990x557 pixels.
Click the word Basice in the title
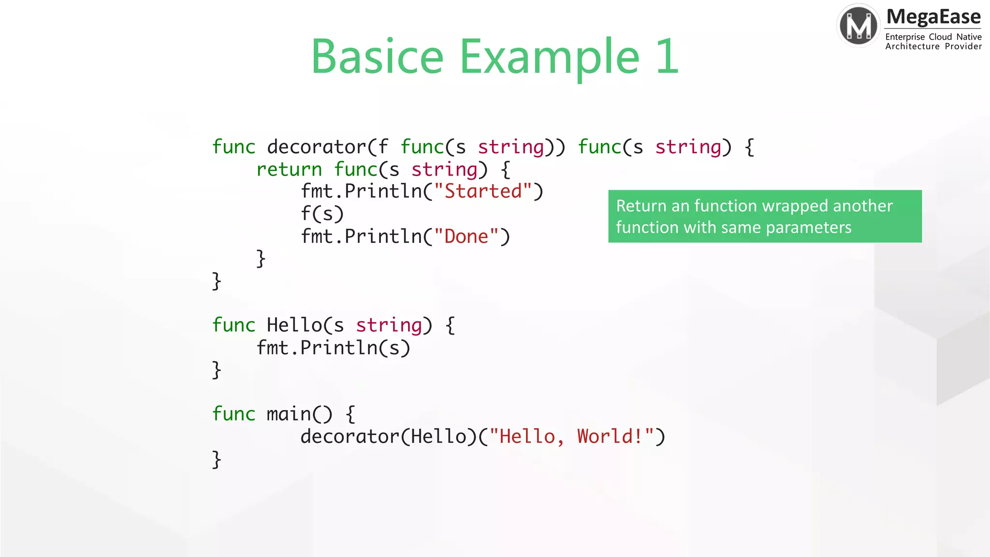[x=377, y=57]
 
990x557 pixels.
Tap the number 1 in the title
[x=668, y=57]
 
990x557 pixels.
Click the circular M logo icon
[x=858, y=25]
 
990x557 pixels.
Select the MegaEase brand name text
[x=933, y=17]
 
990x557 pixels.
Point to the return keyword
[x=289, y=170]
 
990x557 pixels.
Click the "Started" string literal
[x=483, y=191]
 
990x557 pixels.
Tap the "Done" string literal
[x=466, y=236]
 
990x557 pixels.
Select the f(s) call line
[x=322, y=214]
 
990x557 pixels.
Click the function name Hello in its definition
[x=294, y=325]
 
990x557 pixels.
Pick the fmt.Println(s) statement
[x=333, y=348]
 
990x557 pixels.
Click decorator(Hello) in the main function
[x=389, y=437]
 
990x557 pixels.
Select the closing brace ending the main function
[x=217, y=459]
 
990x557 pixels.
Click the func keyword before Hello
[x=233, y=325]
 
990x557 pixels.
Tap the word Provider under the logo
[x=963, y=46]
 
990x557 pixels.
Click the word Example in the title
[x=550, y=57]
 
